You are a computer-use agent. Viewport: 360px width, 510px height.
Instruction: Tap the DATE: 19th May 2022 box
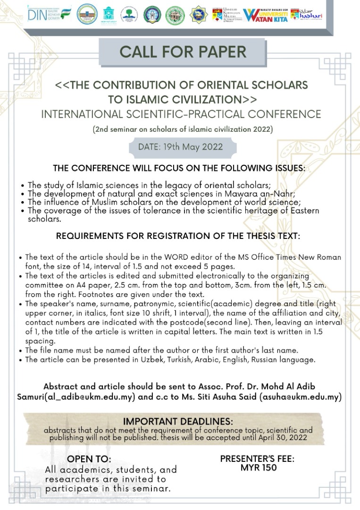coord(183,146)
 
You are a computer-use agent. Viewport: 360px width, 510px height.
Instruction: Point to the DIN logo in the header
coord(50,15)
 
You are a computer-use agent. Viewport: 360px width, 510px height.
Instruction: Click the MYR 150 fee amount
coord(258,468)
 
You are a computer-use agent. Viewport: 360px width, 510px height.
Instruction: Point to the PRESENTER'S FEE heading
coord(258,459)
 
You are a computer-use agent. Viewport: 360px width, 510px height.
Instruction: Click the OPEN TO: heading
coord(89,459)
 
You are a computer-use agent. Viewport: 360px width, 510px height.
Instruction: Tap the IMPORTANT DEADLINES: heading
coord(177,422)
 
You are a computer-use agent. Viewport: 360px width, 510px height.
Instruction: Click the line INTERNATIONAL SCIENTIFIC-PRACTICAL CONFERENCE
coord(181,114)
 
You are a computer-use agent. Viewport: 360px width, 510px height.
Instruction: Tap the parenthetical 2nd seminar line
coord(183,129)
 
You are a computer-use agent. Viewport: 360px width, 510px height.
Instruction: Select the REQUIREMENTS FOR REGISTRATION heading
coord(178,236)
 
